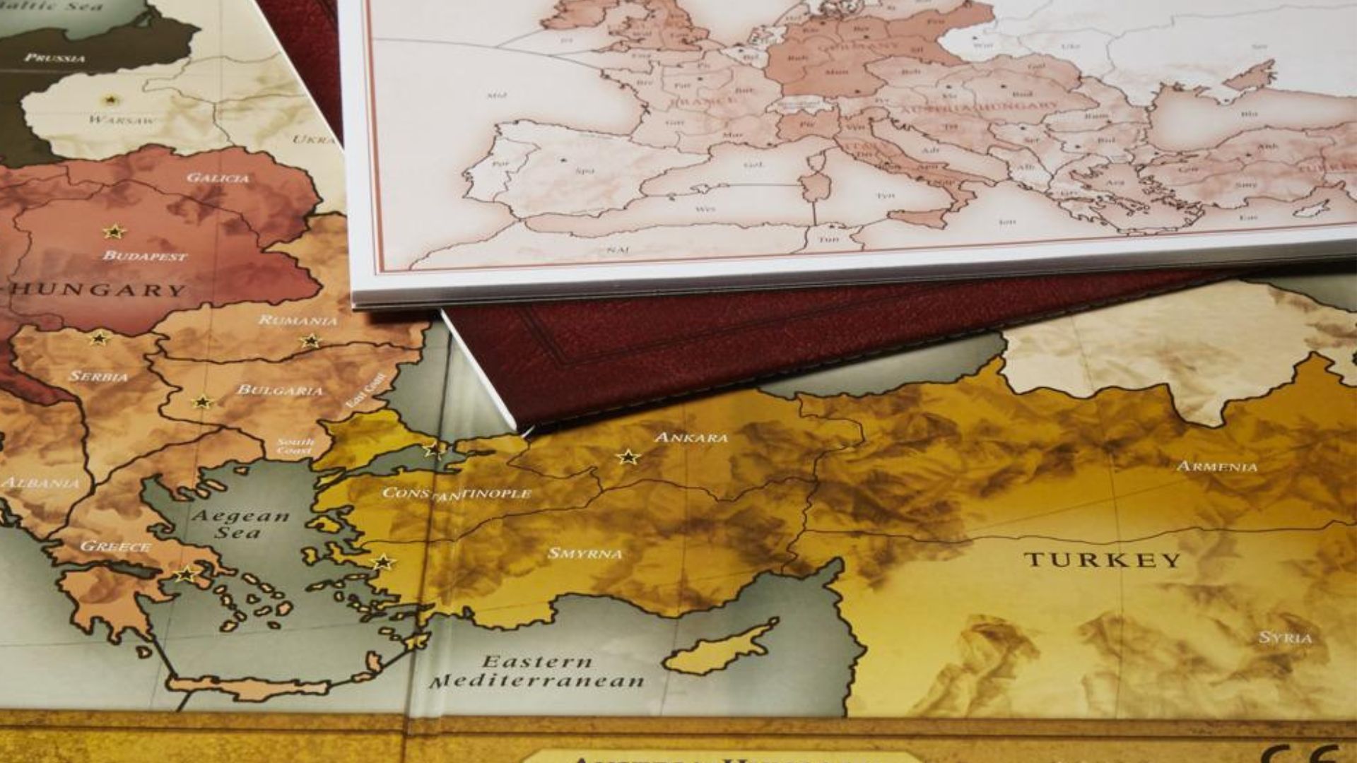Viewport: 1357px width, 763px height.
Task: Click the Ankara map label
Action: pyautogui.click(x=691, y=438)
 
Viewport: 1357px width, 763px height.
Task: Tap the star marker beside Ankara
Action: pyautogui.click(x=627, y=457)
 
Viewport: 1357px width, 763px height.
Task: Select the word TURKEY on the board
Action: pyautogui.click(x=1102, y=561)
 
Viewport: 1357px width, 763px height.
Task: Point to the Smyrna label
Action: pyautogui.click(x=585, y=554)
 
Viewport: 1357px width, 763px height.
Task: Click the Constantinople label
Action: pyautogui.click(x=456, y=493)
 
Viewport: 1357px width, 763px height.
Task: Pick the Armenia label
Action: pyautogui.click(x=1217, y=466)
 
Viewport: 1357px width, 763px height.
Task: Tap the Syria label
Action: pyautogui.click(x=1285, y=637)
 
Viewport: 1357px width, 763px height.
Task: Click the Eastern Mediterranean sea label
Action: pyautogui.click(x=537, y=672)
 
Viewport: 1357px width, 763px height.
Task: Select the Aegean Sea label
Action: pyautogui.click(x=240, y=524)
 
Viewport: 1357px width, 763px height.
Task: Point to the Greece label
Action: pyautogui.click(x=115, y=546)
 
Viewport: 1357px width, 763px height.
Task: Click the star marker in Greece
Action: pyautogui.click(x=187, y=574)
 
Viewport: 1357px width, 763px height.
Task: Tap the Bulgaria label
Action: pyautogui.click(x=280, y=390)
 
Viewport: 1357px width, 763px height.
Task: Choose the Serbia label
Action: pyautogui.click(x=99, y=377)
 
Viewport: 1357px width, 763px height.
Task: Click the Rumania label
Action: pyautogui.click(x=298, y=320)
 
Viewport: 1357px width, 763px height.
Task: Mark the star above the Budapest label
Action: pyautogui.click(x=114, y=232)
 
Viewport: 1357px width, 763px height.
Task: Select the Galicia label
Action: pyautogui.click(x=218, y=177)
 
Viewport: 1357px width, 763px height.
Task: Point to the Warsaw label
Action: pyautogui.click(x=123, y=119)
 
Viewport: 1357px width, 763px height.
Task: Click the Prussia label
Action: pyautogui.click(x=55, y=58)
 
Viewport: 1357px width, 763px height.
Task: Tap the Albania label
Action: pyautogui.click(x=40, y=483)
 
